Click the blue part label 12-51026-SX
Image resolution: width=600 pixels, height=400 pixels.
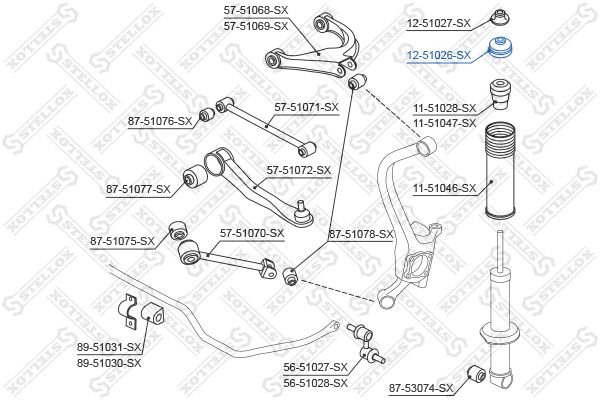tap(439, 56)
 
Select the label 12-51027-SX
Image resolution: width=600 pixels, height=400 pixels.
tap(439, 23)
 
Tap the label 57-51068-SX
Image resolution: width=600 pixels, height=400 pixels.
tap(256, 10)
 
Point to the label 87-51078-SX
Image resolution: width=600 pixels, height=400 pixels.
tap(361, 234)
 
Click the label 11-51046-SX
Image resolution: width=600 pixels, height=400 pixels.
tap(445, 188)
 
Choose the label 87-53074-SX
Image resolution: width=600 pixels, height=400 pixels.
tap(421, 389)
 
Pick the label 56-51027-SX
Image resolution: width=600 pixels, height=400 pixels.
tap(316, 367)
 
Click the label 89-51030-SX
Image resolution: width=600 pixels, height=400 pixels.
tap(109, 362)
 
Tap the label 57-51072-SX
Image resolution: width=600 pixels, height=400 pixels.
tap(299, 170)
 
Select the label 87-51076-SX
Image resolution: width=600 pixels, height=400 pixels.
tap(160, 121)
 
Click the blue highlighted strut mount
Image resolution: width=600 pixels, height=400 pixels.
tap(501, 47)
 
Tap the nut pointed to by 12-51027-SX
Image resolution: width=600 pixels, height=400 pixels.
tap(501, 17)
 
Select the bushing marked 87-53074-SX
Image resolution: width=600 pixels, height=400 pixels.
tap(477, 373)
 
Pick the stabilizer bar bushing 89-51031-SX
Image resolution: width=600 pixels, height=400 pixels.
tap(152, 313)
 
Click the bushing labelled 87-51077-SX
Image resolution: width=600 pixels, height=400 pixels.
tap(195, 176)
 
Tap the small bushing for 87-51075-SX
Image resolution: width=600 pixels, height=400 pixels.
tap(179, 230)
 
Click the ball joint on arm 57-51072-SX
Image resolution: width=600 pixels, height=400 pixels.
tap(303, 214)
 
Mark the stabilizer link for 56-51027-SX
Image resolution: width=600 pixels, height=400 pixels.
tap(366, 344)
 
